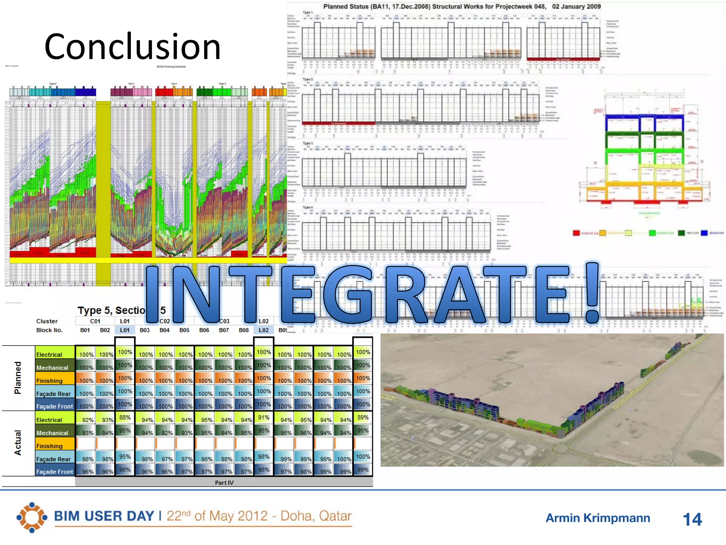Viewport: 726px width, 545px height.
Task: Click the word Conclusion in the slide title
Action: [x=133, y=46]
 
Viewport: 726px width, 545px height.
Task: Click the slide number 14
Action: [x=692, y=519]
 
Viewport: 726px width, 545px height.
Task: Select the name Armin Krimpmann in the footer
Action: [x=598, y=518]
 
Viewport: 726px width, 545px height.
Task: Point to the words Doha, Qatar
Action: [x=316, y=516]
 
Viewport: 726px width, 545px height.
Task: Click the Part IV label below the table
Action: [x=224, y=483]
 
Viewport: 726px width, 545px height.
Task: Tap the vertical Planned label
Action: [x=18, y=378]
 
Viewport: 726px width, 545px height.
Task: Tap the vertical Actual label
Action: [x=18, y=443]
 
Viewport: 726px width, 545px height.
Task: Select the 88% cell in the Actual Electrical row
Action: [x=125, y=418]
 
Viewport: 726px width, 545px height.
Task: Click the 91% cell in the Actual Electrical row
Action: [x=264, y=418]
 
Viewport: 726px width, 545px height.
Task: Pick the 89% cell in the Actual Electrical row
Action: [x=363, y=418]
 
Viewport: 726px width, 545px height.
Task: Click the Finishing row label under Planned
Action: [x=50, y=381]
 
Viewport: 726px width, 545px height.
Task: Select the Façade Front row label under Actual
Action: [x=55, y=472]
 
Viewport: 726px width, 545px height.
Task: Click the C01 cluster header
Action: [x=95, y=321]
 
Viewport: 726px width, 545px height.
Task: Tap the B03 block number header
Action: [x=145, y=330]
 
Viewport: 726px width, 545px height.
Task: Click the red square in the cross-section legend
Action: [x=576, y=233]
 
